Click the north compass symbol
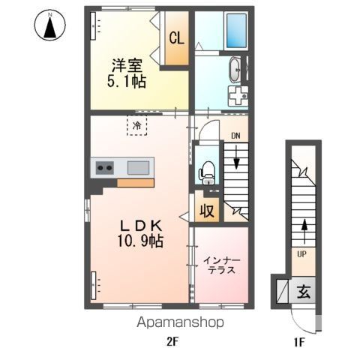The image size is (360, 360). click(x=50, y=27)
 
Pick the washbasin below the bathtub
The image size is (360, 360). click(x=234, y=69)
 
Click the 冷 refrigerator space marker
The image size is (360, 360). click(x=136, y=126)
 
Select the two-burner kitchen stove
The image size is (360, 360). click(x=102, y=167)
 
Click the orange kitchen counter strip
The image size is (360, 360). click(x=135, y=182)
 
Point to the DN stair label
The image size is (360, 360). click(x=235, y=136)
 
